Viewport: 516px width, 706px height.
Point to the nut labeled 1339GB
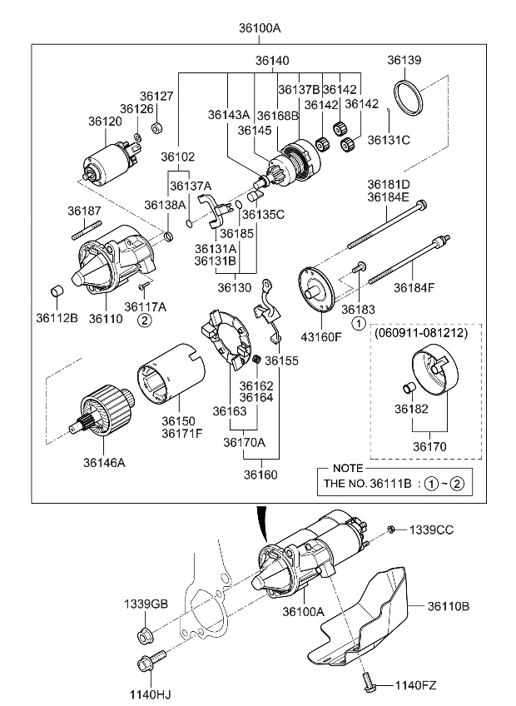coord(144,637)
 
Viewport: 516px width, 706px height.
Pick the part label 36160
coord(260,475)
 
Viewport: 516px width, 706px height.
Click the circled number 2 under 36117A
coord(143,319)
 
